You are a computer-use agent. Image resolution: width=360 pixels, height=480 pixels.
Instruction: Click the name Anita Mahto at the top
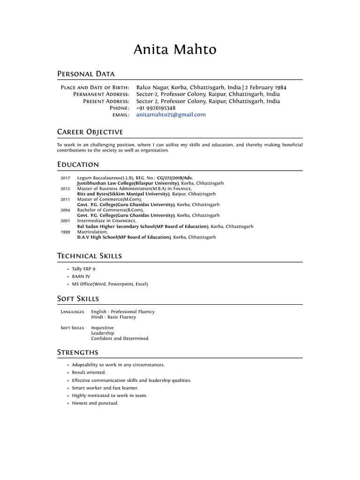(x=175, y=50)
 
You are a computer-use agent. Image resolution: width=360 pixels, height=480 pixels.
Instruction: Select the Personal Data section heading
(x=86, y=74)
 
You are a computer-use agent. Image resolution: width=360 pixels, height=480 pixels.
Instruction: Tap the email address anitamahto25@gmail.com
(x=171, y=115)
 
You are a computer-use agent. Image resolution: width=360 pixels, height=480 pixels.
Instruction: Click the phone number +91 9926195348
(x=156, y=108)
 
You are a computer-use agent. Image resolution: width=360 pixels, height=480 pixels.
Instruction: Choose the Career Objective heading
(x=90, y=132)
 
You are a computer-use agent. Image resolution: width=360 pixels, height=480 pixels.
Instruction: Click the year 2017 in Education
(x=65, y=178)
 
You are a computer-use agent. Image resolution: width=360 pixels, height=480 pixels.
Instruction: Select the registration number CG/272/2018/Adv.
(x=174, y=178)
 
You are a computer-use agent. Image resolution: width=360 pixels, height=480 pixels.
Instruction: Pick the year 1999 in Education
(x=65, y=232)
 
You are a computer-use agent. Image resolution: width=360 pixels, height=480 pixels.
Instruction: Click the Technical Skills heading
(x=90, y=256)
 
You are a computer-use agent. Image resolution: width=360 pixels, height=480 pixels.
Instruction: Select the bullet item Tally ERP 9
(x=83, y=270)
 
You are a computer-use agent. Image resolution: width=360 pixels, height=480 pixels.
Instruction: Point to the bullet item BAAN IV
(x=81, y=277)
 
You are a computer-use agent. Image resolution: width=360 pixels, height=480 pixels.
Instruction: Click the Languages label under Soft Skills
(x=73, y=312)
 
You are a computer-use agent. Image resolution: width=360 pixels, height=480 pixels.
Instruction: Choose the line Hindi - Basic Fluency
(x=113, y=317)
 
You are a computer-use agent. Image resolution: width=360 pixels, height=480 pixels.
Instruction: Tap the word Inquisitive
(x=102, y=328)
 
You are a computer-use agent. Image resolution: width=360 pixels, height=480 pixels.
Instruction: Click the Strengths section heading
(x=78, y=352)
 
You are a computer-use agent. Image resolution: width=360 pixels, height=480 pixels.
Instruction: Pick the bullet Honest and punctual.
(x=95, y=403)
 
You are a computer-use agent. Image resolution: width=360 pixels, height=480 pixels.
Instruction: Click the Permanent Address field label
(x=101, y=95)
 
